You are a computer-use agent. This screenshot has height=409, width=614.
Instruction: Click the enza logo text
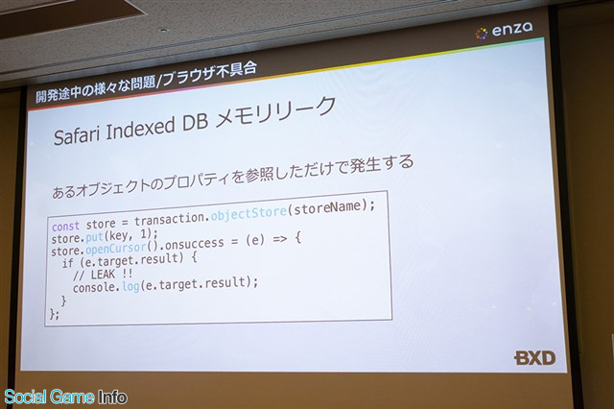pos(512,30)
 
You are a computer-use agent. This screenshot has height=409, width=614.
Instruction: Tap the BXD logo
pos(534,358)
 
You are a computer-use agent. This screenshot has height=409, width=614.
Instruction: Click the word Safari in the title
pos(77,133)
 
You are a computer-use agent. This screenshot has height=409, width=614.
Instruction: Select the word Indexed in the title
pos(141,128)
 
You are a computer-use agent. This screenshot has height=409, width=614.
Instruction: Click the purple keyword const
pos(66,227)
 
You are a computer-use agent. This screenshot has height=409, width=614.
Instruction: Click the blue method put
pos(94,237)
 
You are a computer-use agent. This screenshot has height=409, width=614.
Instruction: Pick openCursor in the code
pos(115,249)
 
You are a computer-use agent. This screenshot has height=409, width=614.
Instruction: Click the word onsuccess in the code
pos(195,244)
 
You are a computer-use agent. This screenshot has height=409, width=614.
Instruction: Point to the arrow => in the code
pos(279,238)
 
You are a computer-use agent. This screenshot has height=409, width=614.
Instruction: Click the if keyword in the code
pos(68,263)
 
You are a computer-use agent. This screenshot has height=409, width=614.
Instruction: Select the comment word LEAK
pos(103,274)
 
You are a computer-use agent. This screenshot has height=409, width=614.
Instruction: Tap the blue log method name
pos(130,286)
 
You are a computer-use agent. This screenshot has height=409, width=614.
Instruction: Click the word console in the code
pos(94,288)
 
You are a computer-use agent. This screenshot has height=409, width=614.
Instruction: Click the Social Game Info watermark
pos(65,397)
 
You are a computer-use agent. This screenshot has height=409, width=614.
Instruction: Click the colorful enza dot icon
pos(482,34)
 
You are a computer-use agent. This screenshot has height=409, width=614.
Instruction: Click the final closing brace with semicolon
pos(55,314)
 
